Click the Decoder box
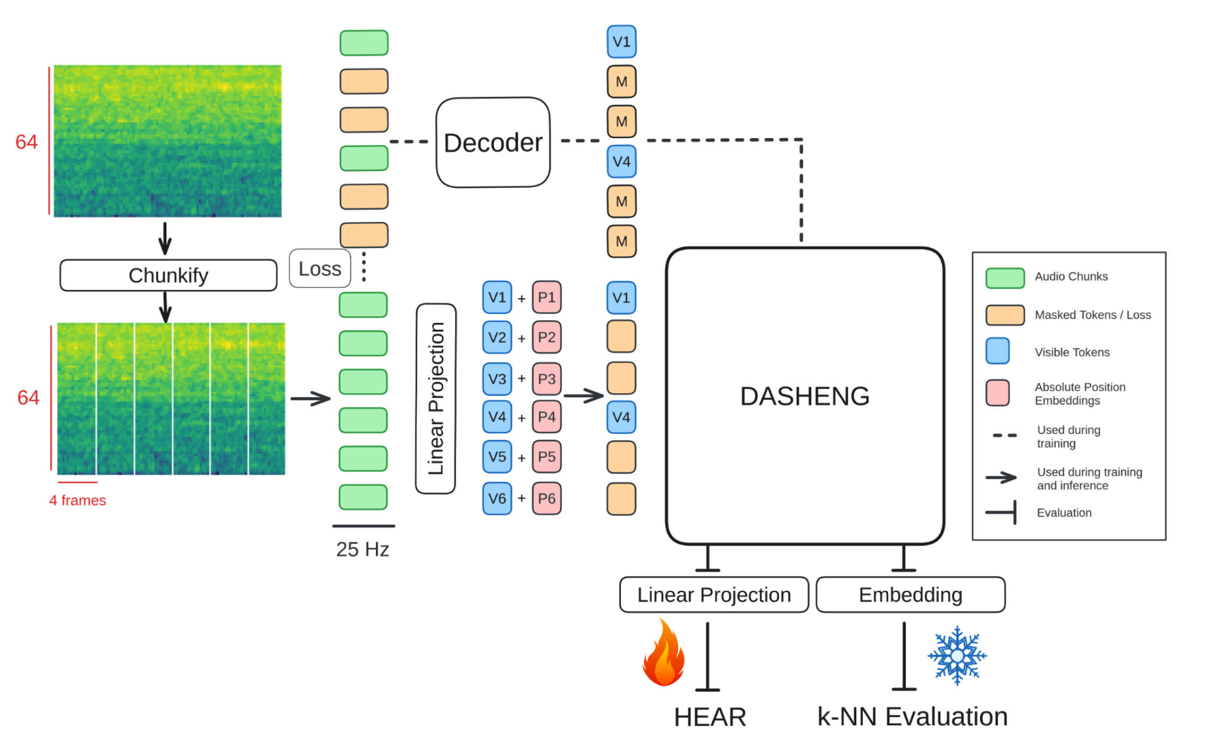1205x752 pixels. [x=493, y=143]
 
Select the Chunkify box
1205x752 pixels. [x=168, y=275]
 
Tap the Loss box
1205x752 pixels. [x=320, y=269]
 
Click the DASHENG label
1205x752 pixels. [x=805, y=396]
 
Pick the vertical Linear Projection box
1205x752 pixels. [x=435, y=398]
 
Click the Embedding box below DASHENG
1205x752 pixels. [x=910, y=595]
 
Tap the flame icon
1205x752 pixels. [x=664, y=654]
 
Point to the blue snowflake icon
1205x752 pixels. [x=957, y=656]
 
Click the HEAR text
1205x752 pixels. [x=710, y=718]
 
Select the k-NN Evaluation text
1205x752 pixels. [x=912, y=717]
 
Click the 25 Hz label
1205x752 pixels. [x=362, y=550]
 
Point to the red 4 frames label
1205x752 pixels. [x=77, y=501]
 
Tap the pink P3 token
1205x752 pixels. [x=546, y=379]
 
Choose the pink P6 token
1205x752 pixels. [x=546, y=499]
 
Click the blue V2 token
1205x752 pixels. [x=497, y=338]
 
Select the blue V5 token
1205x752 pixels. [x=497, y=457]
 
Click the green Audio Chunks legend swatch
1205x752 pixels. [x=1005, y=277]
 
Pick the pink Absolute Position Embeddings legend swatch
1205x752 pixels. [x=997, y=393]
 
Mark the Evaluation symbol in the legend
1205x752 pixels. [x=1002, y=512]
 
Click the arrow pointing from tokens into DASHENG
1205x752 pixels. [x=584, y=395]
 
